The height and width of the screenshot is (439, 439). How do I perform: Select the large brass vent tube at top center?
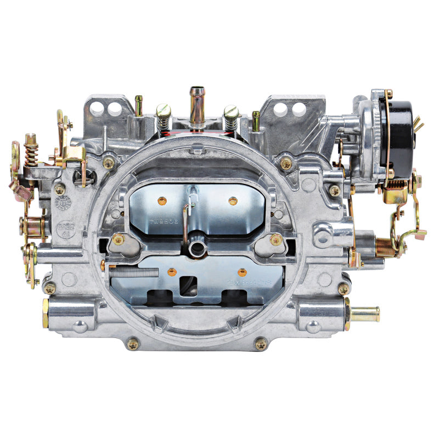196,104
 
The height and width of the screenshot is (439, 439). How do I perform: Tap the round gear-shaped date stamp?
63,203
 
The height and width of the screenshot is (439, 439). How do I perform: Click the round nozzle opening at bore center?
196,249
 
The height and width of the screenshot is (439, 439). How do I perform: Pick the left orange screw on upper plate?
161,200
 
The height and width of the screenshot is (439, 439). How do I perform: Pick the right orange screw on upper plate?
233,201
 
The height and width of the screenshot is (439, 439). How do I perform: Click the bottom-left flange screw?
132,344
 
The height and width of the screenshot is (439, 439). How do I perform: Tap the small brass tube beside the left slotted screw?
139,105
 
